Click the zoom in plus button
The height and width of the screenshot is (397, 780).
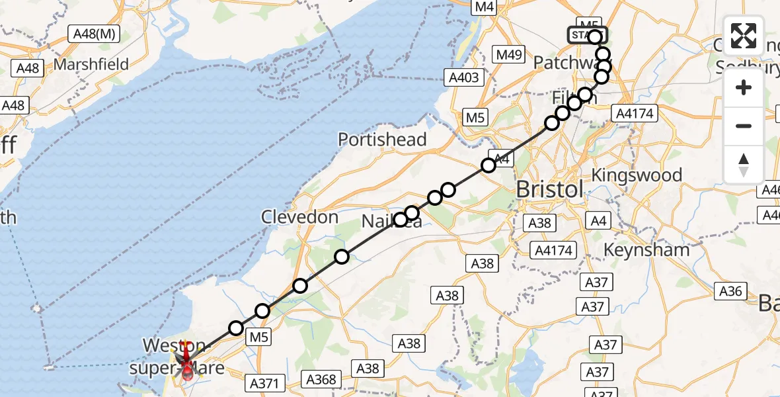(744, 87)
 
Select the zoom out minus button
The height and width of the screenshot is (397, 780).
(744, 126)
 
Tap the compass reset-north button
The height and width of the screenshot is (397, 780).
(744, 164)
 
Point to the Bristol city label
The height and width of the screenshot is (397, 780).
(549, 189)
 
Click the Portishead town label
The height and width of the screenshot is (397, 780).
(382, 140)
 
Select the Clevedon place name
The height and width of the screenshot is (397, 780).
(299, 217)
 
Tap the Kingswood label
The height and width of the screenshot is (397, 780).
(637, 175)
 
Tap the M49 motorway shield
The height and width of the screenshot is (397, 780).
(510, 54)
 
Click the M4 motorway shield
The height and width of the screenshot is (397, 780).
(484, 7)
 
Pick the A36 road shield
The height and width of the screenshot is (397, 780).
(730, 290)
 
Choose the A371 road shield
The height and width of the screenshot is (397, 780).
(268, 382)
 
